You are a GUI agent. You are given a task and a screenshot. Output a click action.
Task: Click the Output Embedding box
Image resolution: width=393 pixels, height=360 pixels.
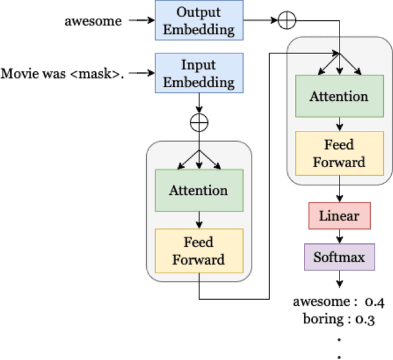[x=199, y=20]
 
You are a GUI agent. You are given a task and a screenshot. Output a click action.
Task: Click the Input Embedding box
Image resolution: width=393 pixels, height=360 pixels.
[x=199, y=72]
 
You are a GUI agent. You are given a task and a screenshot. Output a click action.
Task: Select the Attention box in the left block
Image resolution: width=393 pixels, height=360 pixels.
[x=199, y=190]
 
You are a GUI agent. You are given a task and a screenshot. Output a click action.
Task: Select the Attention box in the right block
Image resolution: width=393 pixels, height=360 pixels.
[x=339, y=96]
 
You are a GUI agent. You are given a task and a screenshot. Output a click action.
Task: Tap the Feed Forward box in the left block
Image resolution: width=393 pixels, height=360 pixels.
[x=199, y=251]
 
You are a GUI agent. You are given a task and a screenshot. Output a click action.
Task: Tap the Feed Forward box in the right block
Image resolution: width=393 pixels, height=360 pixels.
[x=339, y=154]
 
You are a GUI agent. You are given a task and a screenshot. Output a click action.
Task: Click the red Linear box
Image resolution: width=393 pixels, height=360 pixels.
[x=339, y=216]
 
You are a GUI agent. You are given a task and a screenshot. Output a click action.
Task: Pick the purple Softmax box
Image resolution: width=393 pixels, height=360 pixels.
[x=339, y=257]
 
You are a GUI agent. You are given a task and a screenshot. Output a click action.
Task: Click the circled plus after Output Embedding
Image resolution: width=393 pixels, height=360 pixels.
[x=287, y=20]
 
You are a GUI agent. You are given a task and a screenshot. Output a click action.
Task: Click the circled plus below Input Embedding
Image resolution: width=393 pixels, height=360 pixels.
[x=199, y=122]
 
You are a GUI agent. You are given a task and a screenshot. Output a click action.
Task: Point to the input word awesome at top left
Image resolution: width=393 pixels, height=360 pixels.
[x=93, y=21]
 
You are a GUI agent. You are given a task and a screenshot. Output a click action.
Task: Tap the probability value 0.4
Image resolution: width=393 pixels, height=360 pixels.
[x=374, y=302]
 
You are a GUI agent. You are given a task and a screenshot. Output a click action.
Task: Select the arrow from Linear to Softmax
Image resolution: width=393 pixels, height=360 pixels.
[x=339, y=236]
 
